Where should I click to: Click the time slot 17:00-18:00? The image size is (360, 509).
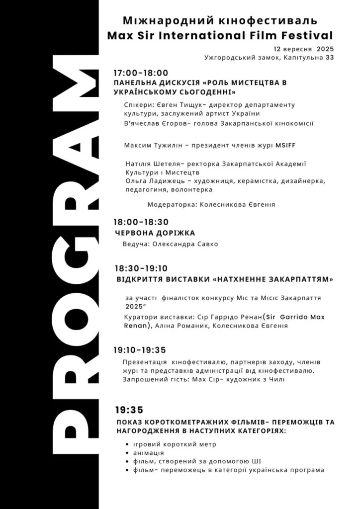pos(141,73)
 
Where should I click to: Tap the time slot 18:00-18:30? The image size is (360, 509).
pos(141,222)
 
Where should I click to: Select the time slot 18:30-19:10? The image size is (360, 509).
pos(141,268)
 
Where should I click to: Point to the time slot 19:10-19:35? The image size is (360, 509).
pos(140,350)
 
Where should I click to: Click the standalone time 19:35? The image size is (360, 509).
pos(129,410)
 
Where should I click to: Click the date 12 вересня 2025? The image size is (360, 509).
pos(303,49)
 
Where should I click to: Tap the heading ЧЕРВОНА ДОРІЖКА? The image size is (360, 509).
pos(155,233)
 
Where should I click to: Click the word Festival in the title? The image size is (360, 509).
pos(309,36)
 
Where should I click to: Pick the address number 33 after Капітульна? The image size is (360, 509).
pos(329,58)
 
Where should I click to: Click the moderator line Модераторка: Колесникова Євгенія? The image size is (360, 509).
pos(211,204)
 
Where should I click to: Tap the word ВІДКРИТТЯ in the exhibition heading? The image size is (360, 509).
pos(138,279)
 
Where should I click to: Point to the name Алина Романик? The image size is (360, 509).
pos(179,326)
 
